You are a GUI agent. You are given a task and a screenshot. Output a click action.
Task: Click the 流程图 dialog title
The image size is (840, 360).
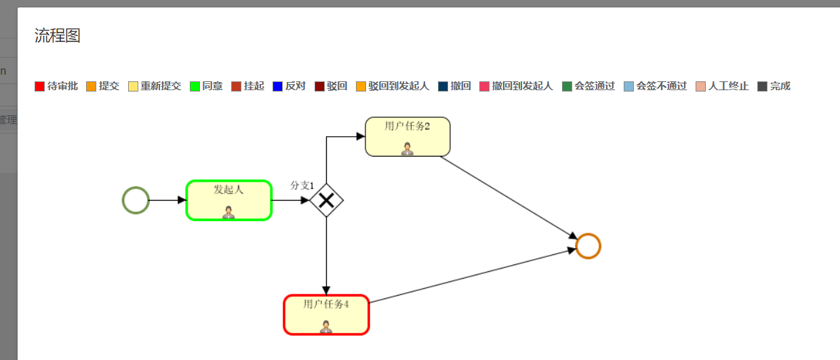pos(58,36)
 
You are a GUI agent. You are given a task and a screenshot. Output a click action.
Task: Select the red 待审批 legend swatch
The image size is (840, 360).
pos(39,87)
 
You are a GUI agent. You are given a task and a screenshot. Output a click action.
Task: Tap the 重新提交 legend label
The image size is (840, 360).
pos(161,86)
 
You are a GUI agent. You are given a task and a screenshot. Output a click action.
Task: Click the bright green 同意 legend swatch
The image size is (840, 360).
pos(195,87)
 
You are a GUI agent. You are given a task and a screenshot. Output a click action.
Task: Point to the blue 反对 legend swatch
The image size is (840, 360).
pos(277,87)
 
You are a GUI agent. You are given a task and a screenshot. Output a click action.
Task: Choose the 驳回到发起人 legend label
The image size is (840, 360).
pos(399,86)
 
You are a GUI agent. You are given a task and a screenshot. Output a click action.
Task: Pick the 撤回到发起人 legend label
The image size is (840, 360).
pos(522,86)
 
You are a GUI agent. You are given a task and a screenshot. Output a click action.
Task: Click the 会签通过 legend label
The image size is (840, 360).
pos(595,86)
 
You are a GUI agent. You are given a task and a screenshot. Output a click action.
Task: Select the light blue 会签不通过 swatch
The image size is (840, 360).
pos(628,87)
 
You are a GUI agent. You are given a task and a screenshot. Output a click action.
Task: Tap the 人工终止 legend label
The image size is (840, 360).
pos(728,86)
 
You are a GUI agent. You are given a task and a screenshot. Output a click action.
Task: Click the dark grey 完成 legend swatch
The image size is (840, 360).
pos(762,87)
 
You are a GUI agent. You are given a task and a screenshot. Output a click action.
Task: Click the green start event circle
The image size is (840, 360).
pos(136,201)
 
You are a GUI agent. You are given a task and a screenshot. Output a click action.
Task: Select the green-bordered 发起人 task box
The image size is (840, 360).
pos(229,201)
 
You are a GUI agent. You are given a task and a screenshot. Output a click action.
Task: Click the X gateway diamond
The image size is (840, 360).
pos(327,200)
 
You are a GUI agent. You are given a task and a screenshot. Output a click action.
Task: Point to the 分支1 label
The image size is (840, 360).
pos(302,185)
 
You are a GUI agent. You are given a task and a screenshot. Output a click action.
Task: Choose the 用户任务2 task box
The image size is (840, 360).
pos(407,137)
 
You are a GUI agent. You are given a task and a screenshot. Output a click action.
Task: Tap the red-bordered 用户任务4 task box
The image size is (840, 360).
pos(326,315)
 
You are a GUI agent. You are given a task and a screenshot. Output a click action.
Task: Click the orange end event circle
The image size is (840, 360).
pos(588,246)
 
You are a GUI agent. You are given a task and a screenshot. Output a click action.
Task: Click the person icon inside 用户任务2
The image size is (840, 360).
pos(407,148)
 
